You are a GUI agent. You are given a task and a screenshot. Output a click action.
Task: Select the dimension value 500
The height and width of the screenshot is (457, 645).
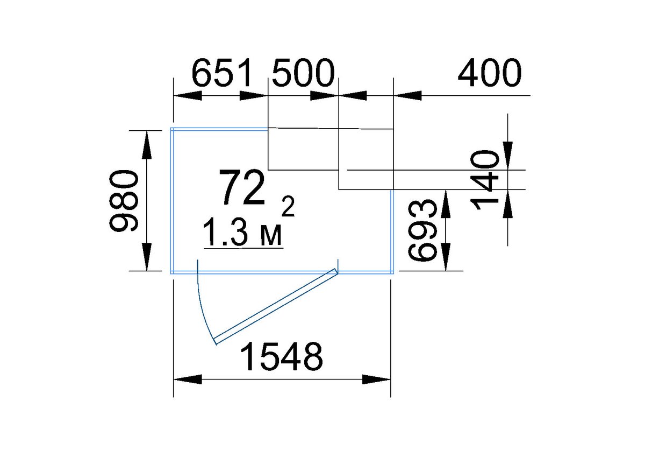point(303,73)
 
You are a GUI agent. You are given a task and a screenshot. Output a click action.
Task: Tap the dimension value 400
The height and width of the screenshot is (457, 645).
point(490,73)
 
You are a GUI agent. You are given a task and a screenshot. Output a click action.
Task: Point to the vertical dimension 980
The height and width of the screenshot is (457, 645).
point(124,201)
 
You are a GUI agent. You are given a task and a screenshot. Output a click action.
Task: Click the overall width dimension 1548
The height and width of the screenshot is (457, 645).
point(281,357)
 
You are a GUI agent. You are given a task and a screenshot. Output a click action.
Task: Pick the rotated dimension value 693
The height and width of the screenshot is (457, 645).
point(422,230)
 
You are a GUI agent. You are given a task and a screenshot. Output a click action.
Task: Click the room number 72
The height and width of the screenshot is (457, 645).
point(242,187)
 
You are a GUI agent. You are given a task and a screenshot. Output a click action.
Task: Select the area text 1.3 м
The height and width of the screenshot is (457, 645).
point(242,232)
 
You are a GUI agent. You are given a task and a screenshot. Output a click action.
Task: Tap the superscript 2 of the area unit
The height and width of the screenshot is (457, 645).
point(288,207)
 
